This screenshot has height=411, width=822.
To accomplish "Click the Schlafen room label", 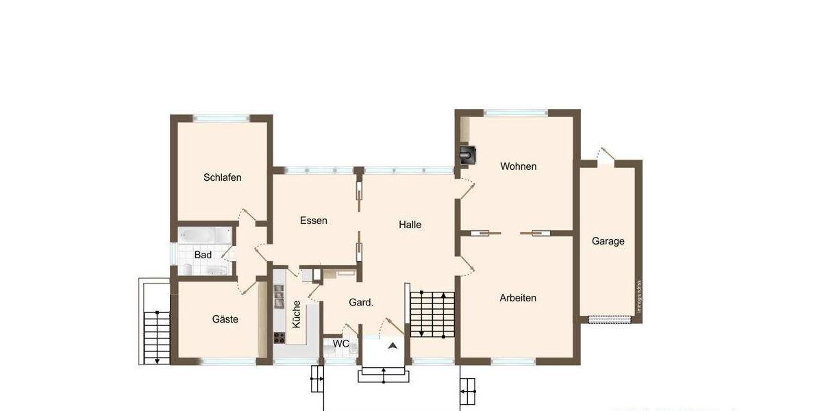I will point(223,177).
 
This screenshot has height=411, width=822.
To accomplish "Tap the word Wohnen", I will point(519,166).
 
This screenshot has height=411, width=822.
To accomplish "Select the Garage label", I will point(608,241).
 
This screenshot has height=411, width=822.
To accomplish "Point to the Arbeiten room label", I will point(518,298).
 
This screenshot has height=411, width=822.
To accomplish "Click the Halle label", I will point(410,225).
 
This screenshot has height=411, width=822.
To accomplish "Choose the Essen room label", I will point(314,221).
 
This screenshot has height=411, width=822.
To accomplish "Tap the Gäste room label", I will point(225,319).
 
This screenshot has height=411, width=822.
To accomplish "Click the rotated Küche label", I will point(297,314).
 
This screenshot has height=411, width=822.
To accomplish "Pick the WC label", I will point(341,343).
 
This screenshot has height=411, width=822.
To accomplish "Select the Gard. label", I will point(361,302).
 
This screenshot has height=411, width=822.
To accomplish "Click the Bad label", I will point(203,255).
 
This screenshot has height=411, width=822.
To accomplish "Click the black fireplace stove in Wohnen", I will point(469,155).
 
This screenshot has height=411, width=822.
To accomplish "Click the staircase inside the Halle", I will point(433,313).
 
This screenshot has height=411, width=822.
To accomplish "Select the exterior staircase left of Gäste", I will point(157,337).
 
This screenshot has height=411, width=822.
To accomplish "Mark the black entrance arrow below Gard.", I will point(393,346).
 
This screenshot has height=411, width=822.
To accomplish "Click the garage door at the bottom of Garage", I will point(609,319).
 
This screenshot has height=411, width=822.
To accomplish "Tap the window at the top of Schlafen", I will point(222,118).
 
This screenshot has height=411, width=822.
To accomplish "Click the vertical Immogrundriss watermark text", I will point(639,297).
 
